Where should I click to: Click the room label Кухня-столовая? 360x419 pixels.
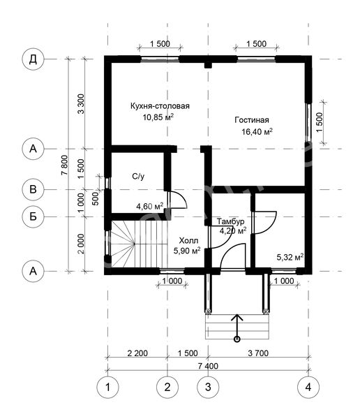coord(160,106)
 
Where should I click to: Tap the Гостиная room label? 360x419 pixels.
coord(252,120)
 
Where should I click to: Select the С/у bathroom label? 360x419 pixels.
coord(138,177)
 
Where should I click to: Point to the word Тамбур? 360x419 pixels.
coord(230,221)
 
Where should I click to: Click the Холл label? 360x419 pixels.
coord(188,241)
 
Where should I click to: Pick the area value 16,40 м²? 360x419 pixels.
coord(257,131)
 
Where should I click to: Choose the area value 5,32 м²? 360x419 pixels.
coord(290,257)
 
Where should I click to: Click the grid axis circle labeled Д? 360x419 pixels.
coord(33,59)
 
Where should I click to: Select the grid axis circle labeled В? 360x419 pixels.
coord(33,189)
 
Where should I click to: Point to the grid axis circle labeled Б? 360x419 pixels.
coord(33,216)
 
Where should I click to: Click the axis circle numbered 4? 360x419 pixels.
coord(308,387)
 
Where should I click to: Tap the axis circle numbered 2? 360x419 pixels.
coord(167,387)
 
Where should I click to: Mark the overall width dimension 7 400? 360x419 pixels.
coord(208,366)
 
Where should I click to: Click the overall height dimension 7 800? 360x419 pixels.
coord(65,165)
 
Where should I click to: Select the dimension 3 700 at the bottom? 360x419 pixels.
coord(258,353)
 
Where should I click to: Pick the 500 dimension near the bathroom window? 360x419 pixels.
coord(96,198)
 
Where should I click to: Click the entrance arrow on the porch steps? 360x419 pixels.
coord(237,328)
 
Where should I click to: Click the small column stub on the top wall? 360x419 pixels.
coord(208,66)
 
